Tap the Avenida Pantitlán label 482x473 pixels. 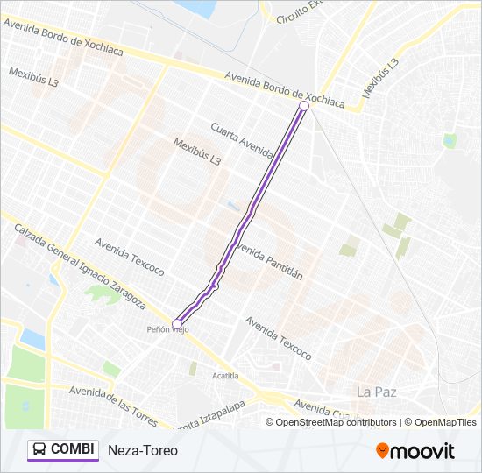point(269,259)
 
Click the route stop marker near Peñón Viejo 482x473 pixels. point(177,324)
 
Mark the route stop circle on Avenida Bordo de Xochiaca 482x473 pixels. point(304,106)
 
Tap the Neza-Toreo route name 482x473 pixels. point(143,451)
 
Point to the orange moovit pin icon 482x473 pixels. point(383,451)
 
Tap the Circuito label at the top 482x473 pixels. point(298,13)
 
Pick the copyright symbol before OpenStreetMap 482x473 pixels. point(271,422)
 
